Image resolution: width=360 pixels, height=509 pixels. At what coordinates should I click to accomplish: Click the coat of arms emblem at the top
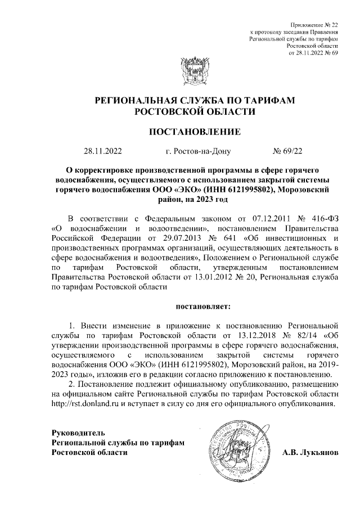coord(180,67)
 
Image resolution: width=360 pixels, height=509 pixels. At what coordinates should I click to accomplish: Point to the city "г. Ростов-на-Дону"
coord(195,151)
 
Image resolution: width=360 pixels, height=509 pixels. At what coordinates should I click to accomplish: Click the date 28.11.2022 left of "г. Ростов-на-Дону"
coord(102,151)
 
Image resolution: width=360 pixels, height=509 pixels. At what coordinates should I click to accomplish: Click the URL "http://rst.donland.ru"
coord(86,404)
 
